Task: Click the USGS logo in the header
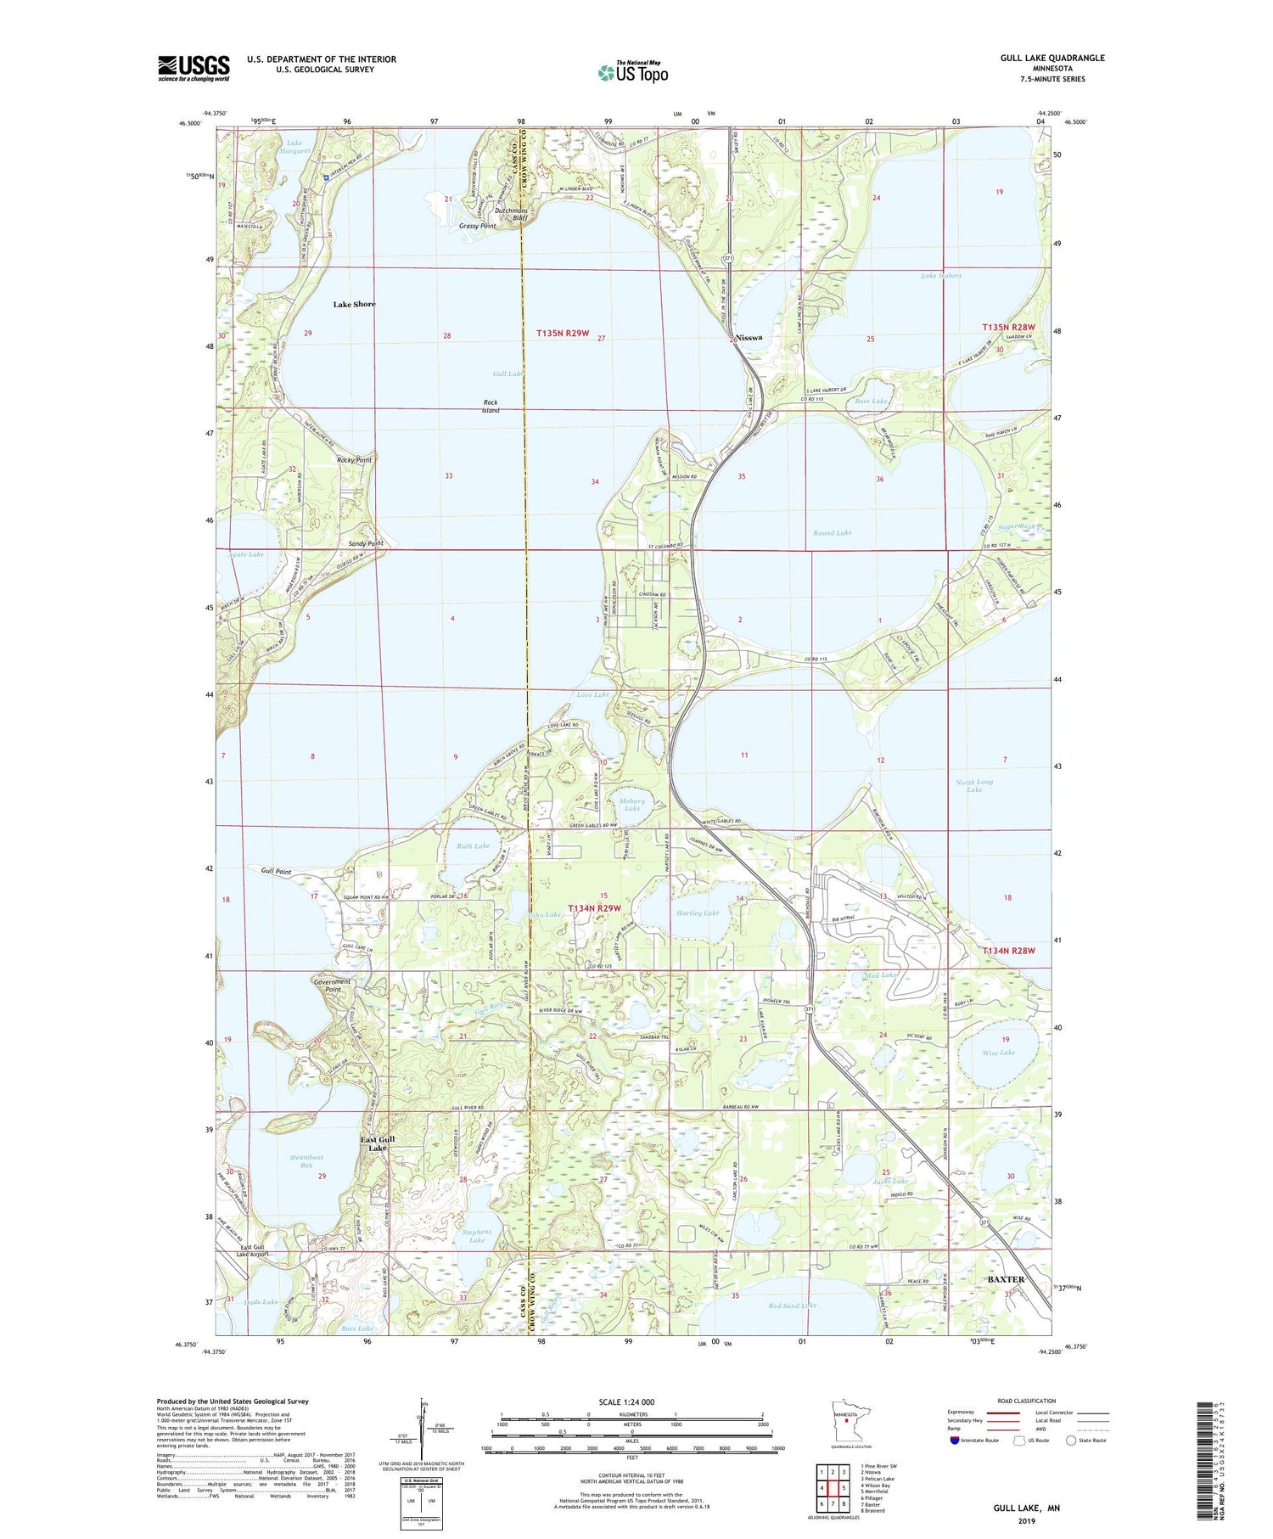[x=193, y=68]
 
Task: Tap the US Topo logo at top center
[x=632, y=72]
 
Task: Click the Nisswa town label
[x=749, y=337]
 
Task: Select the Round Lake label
[x=832, y=532]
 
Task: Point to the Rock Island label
[x=491, y=406]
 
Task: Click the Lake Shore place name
[x=354, y=304]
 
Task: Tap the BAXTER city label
[x=1006, y=1278]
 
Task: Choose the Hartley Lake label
[x=698, y=913]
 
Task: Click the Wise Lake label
[x=998, y=1053]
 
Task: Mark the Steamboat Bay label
[x=306, y=1161]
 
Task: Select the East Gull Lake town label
[x=377, y=1143]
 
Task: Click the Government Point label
[x=332, y=986]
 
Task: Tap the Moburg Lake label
[x=632, y=804]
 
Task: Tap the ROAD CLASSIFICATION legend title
[x=1027, y=1401]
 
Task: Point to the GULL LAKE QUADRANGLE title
[x=1051, y=58]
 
